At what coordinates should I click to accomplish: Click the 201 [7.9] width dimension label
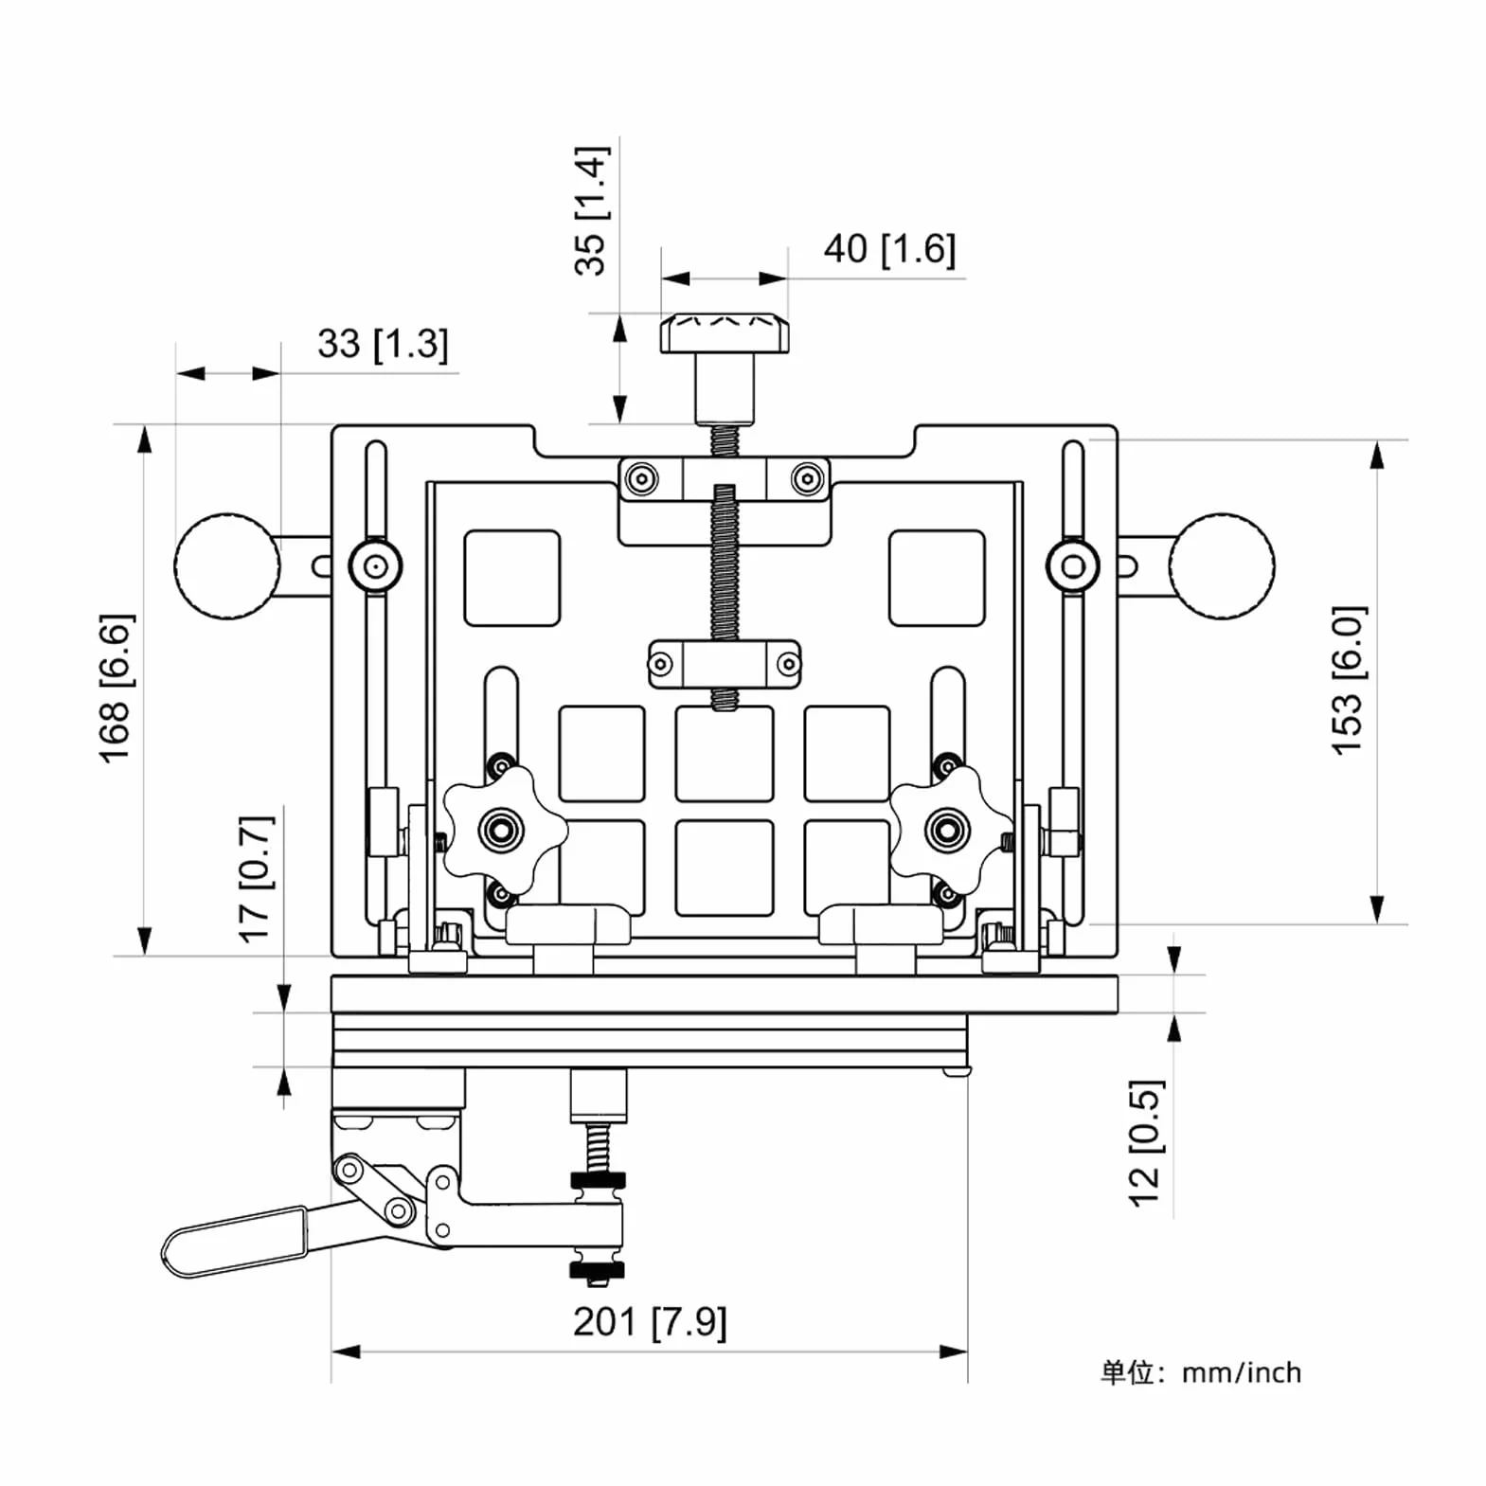(x=650, y=1321)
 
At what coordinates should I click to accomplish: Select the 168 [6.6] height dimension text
(x=116, y=688)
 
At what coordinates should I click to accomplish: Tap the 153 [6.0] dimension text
(x=1349, y=679)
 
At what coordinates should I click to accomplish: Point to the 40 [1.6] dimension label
(x=889, y=249)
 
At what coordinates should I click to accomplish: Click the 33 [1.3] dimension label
(x=383, y=344)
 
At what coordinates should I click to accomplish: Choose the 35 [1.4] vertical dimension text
(x=591, y=210)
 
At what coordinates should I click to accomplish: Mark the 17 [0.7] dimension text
(x=256, y=879)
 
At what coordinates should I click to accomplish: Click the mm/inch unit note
(x=1241, y=1372)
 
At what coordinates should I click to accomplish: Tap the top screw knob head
(x=725, y=333)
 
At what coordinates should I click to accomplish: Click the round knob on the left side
(x=227, y=566)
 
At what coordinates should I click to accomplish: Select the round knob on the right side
(x=1222, y=566)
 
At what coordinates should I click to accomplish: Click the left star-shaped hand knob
(x=502, y=831)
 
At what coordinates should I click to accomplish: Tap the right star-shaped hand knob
(x=948, y=831)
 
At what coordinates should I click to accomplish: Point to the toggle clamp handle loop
(x=235, y=1242)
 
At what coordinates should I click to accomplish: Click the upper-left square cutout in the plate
(x=511, y=578)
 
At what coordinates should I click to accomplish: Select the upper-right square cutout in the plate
(x=937, y=578)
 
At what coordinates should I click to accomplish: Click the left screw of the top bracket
(x=641, y=478)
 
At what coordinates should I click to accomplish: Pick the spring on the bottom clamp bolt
(x=598, y=1147)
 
